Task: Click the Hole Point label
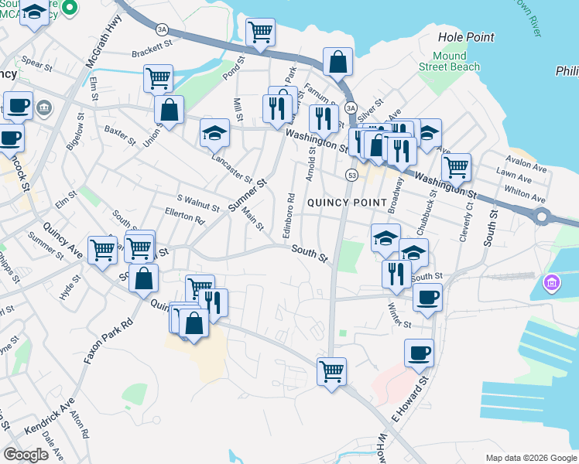[x=465, y=36]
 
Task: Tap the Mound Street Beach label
[x=449, y=61]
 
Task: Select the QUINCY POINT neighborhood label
[x=346, y=203]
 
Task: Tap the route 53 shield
[x=351, y=176]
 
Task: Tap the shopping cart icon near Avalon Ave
[x=456, y=165]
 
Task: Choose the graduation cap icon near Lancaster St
[x=214, y=132]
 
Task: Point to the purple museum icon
[x=551, y=284]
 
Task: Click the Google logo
[x=26, y=455]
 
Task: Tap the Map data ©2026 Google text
[x=531, y=458]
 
